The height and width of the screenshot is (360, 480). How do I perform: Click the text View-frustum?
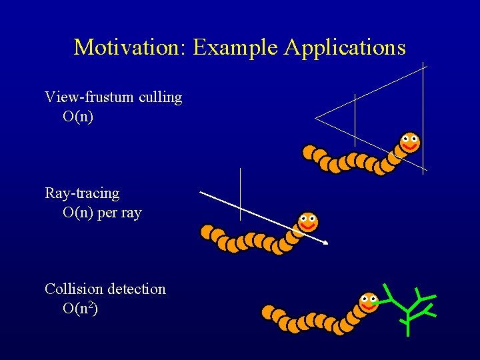90,97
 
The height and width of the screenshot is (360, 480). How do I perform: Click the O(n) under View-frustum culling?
78,117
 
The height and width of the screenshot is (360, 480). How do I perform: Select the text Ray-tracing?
82,193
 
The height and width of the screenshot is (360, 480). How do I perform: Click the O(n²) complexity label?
80,308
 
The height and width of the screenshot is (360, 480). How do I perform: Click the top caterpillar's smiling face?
410,141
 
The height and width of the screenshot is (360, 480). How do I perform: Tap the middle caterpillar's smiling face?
307,221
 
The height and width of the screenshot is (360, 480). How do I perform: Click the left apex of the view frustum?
316,119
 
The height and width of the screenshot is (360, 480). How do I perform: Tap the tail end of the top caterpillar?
309,153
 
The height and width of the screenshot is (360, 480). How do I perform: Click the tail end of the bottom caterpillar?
268,311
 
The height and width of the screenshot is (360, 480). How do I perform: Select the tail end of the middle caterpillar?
207,232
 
